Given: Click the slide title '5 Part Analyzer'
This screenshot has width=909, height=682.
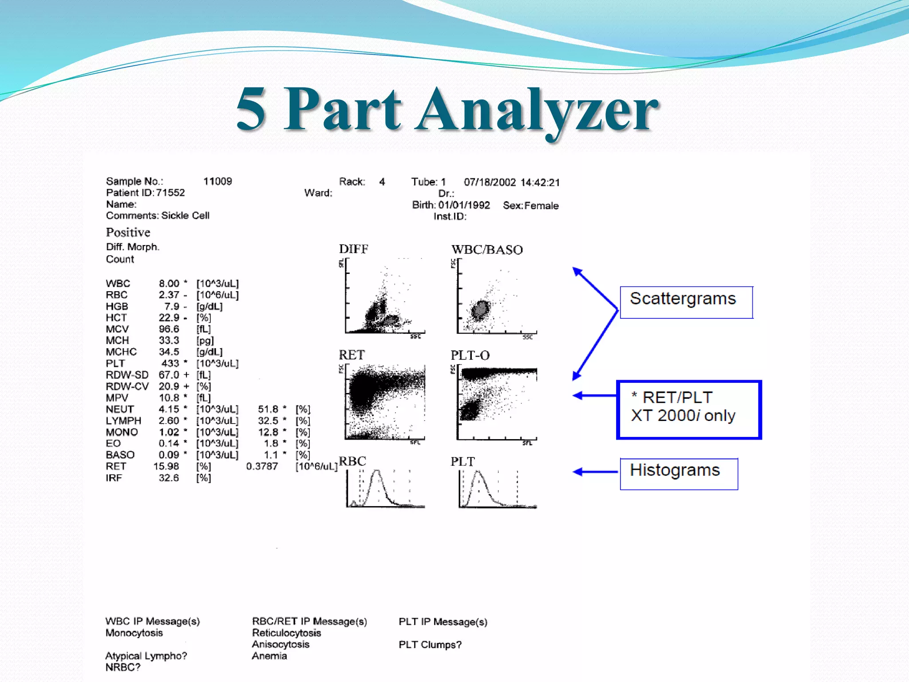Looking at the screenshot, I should [x=447, y=110].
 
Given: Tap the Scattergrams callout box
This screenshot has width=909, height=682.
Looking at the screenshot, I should [x=686, y=302].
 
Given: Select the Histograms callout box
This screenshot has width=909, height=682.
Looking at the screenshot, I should [x=679, y=473].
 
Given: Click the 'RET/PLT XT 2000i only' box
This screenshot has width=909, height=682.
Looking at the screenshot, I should [x=688, y=409].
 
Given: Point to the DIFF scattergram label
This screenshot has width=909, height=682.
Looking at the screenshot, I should [x=353, y=249].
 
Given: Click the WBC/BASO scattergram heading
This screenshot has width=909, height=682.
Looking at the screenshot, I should [x=487, y=250].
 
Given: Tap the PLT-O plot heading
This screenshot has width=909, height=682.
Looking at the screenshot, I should [x=470, y=355].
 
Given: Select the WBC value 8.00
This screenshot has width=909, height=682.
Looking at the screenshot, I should [x=169, y=283].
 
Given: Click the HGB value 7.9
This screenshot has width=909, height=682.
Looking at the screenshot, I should [x=172, y=306].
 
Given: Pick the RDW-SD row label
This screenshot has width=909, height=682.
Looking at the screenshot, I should [x=127, y=375].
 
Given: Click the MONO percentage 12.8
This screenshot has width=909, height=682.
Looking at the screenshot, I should [x=268, y=432].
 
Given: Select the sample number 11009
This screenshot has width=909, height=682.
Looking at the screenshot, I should [x=217, y=181].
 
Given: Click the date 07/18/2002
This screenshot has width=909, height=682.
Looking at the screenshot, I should [x=490, y=182].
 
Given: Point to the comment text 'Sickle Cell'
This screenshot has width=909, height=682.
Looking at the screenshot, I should [x=185, y=215].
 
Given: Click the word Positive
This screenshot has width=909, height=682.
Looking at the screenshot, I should [x=128, y=232].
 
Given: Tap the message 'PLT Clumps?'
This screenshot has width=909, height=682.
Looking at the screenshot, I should [x=430, y=644].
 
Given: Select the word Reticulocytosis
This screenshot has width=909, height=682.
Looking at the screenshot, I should [x=286, y=633].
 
